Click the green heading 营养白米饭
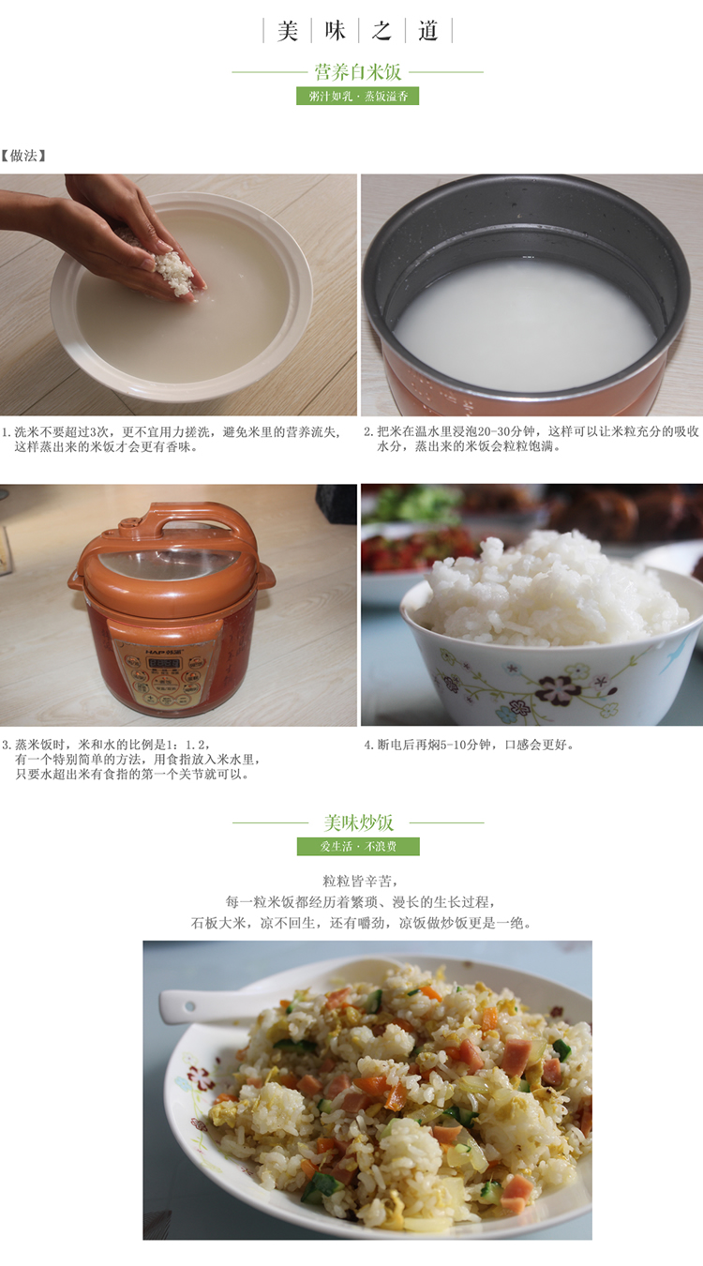point(358,72)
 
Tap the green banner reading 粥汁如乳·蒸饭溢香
point(358,96)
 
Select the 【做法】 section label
point(23,156)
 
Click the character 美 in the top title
point(287,31)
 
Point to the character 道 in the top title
point(428,31)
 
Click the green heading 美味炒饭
point(358,822)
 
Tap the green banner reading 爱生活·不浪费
point(358,846)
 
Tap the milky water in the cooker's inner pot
point(526,323)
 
